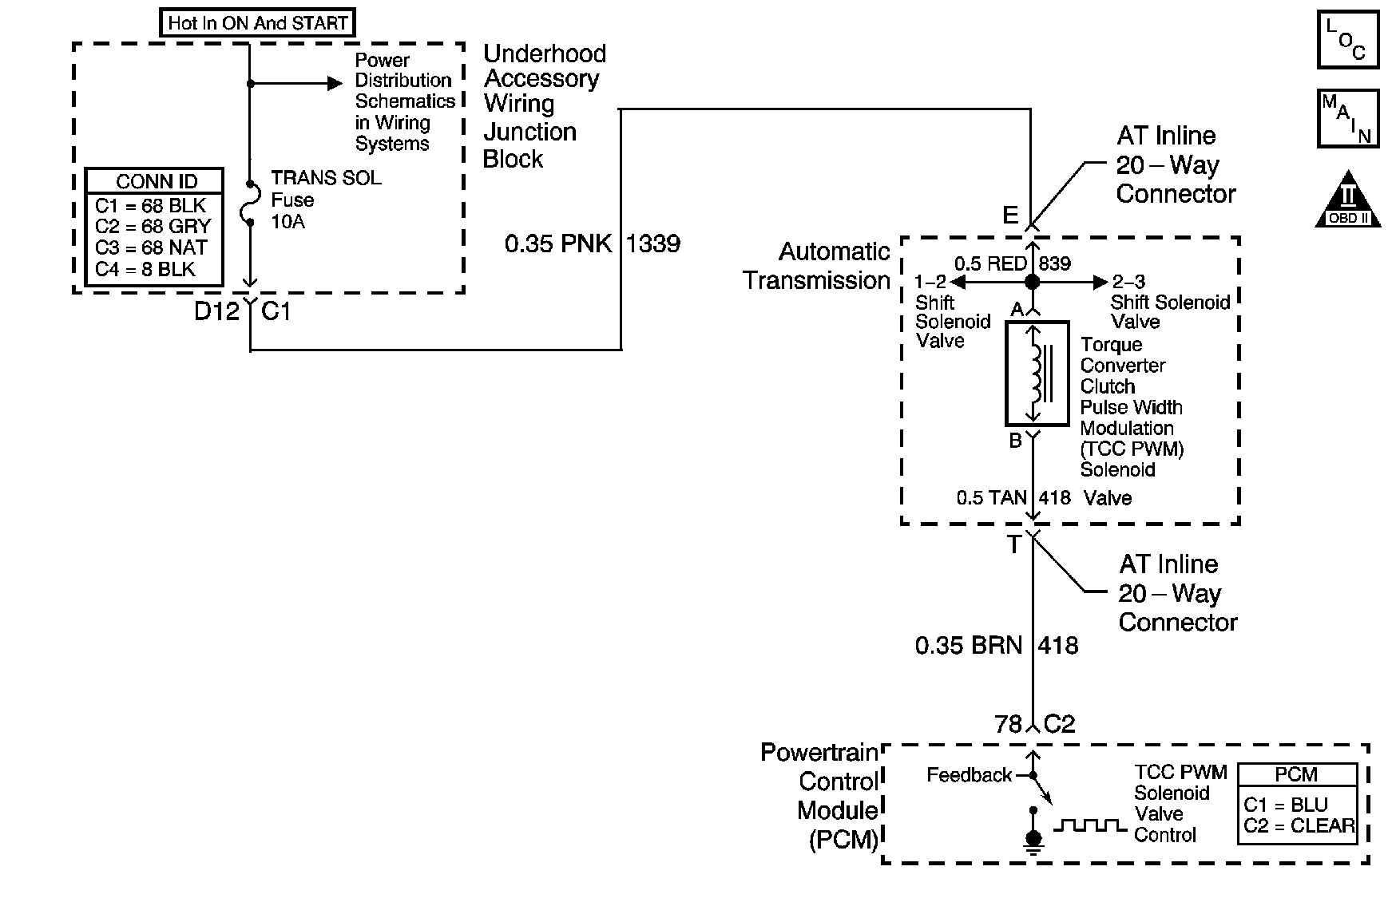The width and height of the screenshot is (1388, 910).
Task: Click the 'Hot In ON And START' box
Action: (x=258, y=23)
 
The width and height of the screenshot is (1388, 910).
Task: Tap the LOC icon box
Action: (x=1347, y=39)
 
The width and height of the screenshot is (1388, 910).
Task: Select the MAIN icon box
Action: (x=1347, y=119)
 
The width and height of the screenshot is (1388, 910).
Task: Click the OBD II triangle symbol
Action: (x=1348, y=200)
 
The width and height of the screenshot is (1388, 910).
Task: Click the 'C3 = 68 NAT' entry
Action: (x=151, y=247)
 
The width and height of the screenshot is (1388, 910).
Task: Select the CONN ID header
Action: (x=156, y=181)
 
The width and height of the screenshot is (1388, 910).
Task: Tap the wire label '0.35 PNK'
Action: (x=557, y=243)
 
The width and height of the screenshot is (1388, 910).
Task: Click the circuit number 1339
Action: (x=653, y=243)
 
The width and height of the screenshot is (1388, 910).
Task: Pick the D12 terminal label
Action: (x=216, y=311)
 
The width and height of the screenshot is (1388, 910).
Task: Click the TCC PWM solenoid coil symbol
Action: (x=1037, y=374)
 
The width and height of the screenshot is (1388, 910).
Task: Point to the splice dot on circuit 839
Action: (x=1032, y=282)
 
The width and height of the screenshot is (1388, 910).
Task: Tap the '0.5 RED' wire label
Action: (x=990, y=264)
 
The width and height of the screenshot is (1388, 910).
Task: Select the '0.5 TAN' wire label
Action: (x=991, y=498)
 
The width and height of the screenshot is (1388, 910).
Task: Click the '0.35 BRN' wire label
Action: (x=968, y=645)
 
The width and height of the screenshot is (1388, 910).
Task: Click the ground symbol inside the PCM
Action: (x=1033, y=841)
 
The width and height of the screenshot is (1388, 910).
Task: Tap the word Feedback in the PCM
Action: (x=969, y=775)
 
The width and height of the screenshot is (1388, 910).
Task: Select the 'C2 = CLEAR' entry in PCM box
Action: (x=1299, y=826)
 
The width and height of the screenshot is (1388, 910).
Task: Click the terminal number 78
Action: (x=1008, y=724)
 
